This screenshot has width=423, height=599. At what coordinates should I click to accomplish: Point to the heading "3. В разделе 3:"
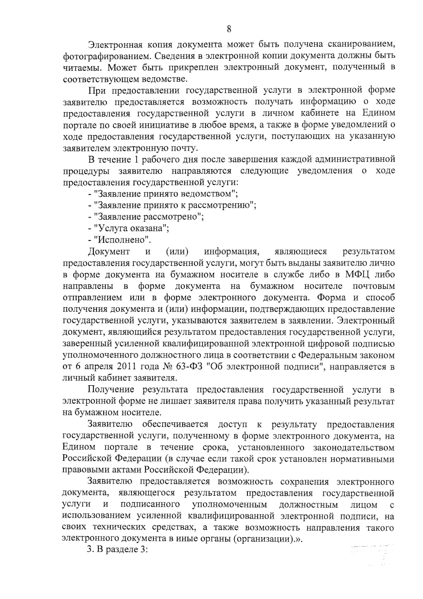pyautogui.click(x=117, y=551)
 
